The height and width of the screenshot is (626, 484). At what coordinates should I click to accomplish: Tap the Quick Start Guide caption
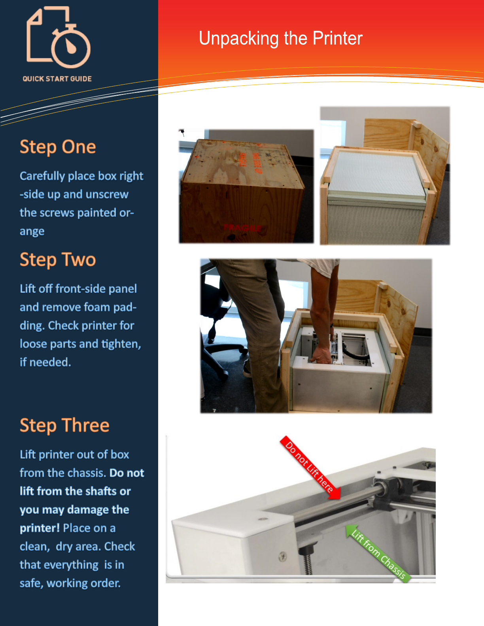point(57,79)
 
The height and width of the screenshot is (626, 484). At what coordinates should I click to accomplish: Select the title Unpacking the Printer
point(280,38)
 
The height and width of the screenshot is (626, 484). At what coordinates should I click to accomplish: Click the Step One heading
point(58,147)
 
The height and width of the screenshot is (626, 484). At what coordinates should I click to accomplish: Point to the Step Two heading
point(58,260)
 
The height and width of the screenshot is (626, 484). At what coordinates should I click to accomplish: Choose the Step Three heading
point(64,425)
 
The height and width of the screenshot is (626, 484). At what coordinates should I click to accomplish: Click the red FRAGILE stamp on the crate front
point(243,228)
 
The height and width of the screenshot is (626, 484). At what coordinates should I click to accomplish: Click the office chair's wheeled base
point(223,354)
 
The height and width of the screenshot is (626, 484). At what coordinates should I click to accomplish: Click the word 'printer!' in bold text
point(40,528)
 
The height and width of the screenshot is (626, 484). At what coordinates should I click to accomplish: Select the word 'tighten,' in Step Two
point(121,344)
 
